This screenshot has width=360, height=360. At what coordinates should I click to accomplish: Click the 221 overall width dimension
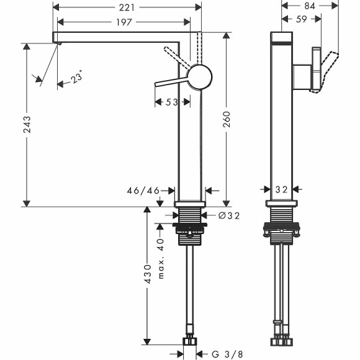pyautogui.click(x=127, y=8)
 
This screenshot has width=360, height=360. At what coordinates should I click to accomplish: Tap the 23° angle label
pyautogui.click(x=76, y=78)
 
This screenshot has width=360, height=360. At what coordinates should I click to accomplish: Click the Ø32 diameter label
pyautogui.click(x=229, y=215)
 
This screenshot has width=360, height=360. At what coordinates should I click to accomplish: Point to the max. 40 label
pyautogui.click(x=160, y=258)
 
